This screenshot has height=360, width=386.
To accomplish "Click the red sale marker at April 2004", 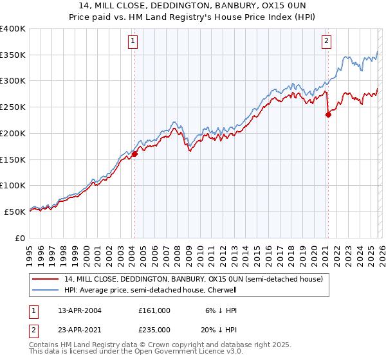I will coord(135,154).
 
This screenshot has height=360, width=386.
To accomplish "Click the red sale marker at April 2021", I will coord(328,115).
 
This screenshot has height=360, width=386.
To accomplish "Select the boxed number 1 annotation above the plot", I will coord(133,42).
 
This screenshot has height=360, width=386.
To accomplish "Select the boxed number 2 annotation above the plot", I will coord(326,42).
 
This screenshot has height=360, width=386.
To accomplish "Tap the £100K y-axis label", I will coord(13,185).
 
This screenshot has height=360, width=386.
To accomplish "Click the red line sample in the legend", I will coord(46,279).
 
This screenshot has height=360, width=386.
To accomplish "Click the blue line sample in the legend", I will coord(46,290).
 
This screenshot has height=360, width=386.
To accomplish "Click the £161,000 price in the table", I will coord(154,310).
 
